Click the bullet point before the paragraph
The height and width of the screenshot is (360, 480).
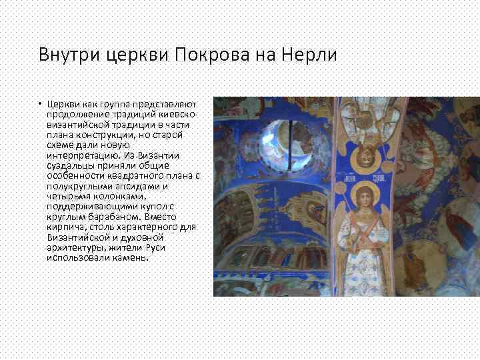(x=40, y=104)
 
